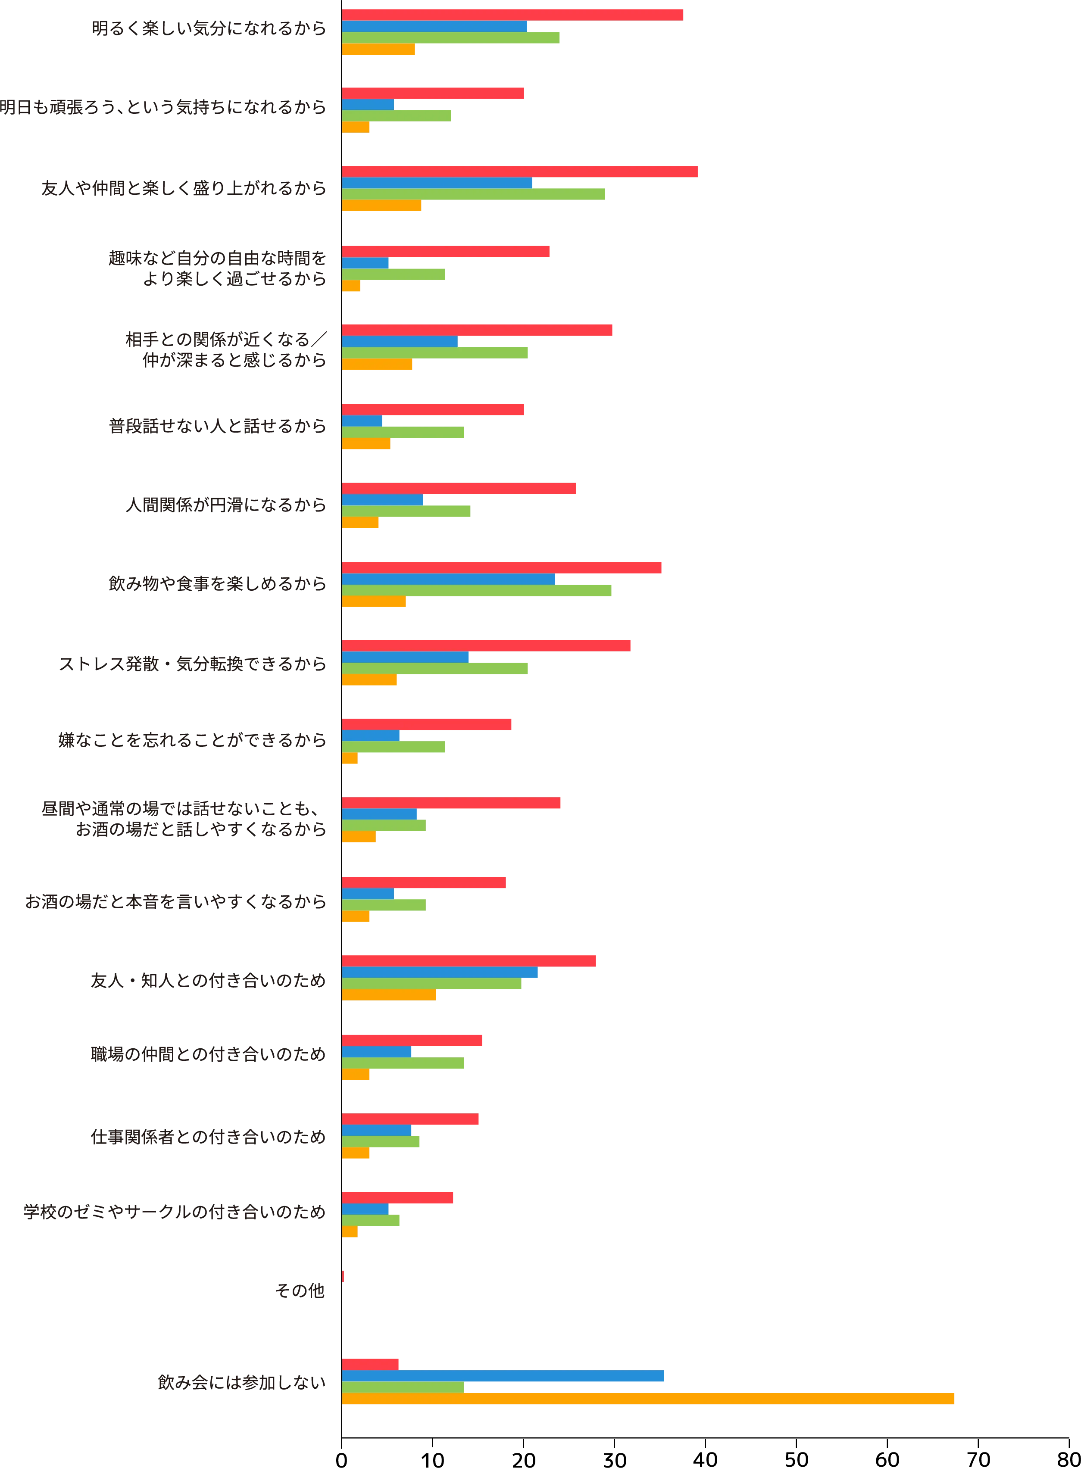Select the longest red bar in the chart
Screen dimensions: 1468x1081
click(x=520, y=172)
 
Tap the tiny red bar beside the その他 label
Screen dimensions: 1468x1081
click(x=344, y=1276)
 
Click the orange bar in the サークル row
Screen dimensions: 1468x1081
click(x=350, y=1232)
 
